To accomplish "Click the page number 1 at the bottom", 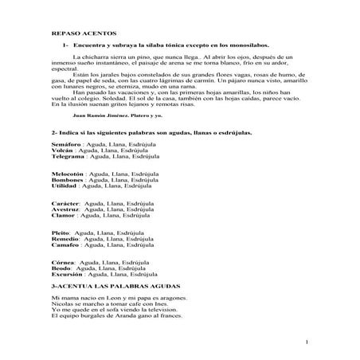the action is coord(306,342).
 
